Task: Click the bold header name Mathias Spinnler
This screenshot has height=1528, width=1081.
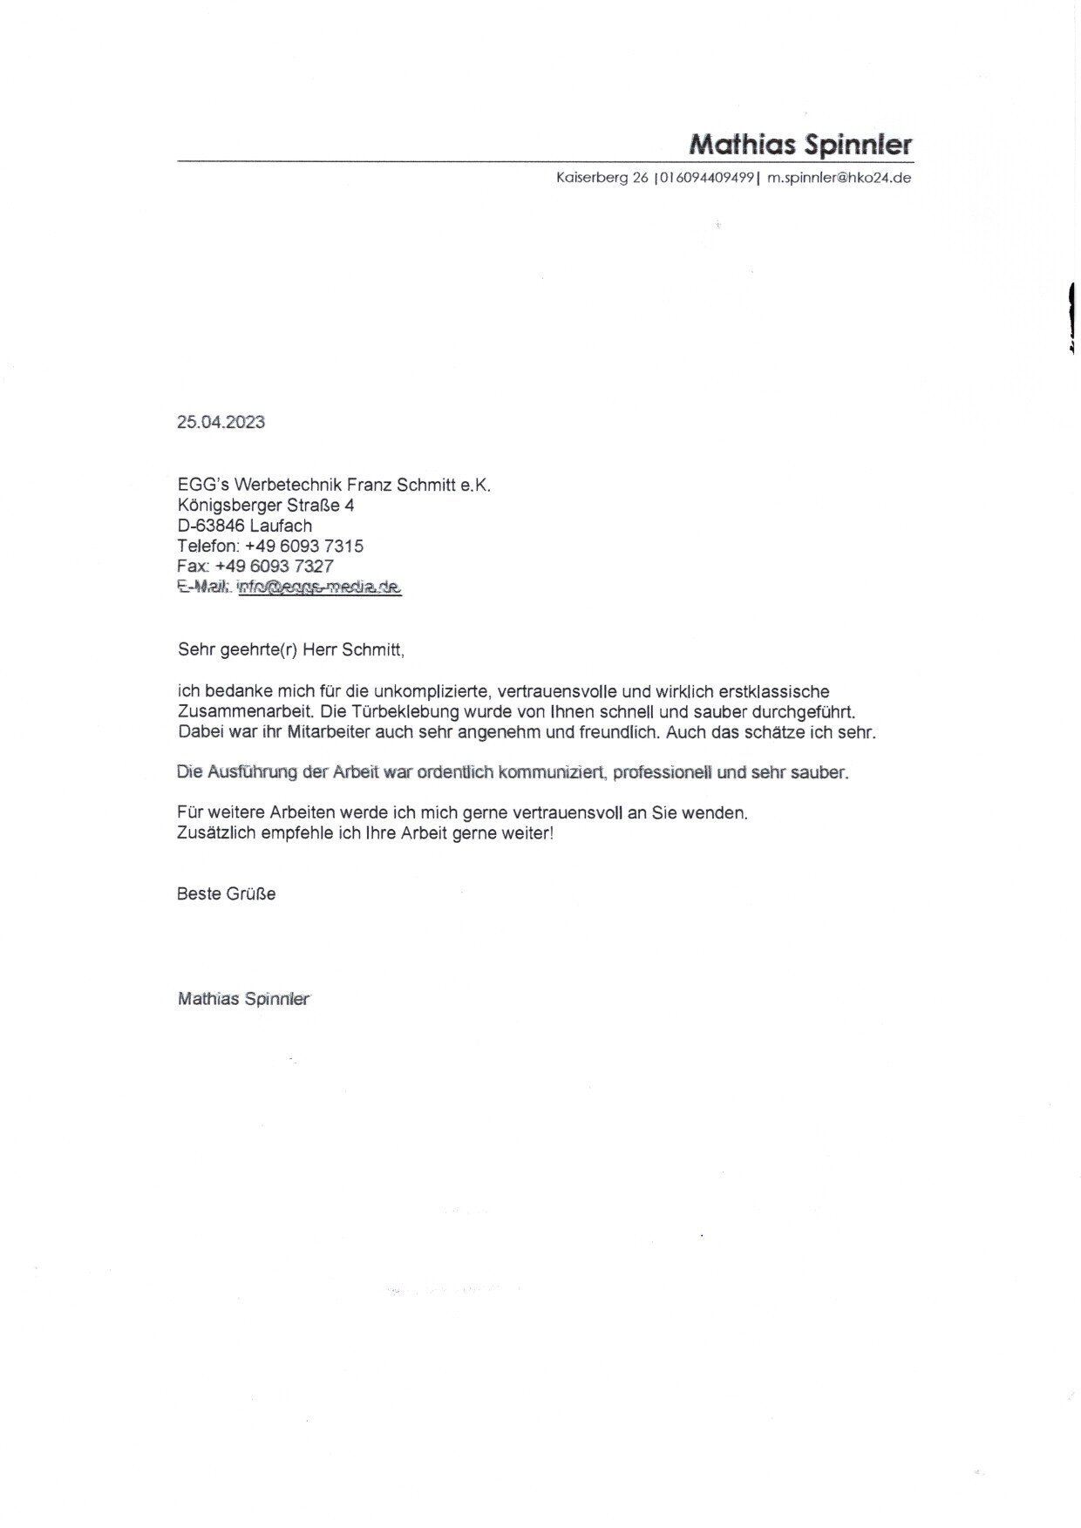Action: tap(799, 144)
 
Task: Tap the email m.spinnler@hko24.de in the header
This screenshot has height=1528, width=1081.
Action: tap(839, 179)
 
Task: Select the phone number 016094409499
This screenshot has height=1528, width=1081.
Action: tap(706, 179)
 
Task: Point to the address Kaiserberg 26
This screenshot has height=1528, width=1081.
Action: tap(602, 179)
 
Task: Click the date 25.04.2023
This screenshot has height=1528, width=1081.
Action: tap(221, 423)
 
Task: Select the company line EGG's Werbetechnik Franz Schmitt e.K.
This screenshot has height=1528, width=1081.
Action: tap(334, 486)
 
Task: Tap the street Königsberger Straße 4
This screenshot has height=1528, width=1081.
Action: tap(265, 506)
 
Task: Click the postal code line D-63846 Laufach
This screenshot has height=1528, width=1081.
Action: tap(244, 526)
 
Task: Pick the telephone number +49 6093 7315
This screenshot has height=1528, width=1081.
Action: tap(304, 547)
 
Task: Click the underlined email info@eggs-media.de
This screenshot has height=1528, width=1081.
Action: tap(318, 587)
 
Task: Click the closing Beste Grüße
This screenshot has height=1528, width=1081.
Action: tap(226, 894)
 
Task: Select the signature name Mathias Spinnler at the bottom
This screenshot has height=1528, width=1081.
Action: tap(243, 999)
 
